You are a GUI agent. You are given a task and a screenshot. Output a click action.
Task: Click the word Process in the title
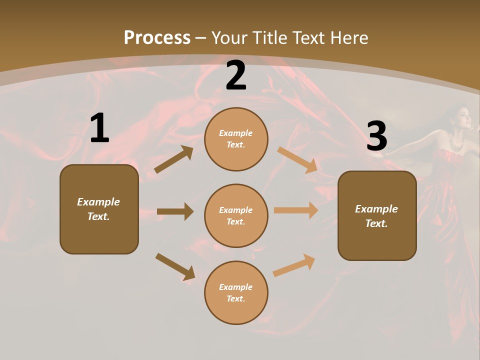pyautogui.click(x=157, y=38)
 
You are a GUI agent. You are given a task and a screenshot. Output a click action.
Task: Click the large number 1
pyautogui.click(x=99, y=128)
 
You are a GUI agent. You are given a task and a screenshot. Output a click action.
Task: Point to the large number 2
pyautogui.click(x=236, y=75)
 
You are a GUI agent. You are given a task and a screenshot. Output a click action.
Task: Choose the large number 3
pyautogui.click(x=376, y=136)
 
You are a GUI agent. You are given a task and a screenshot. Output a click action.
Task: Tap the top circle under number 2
pyautogui.click(x=236, y=139)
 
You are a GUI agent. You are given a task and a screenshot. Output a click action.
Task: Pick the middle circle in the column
pyautogui.click(x=236, y=215)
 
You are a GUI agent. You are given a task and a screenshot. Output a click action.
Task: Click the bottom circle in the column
pyautogui.click(x=236, y=292)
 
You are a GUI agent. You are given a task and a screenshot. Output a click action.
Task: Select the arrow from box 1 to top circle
pyautogui.click(x=173, y=160)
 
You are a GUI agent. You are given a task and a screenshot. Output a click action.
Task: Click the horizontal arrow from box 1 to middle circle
pyautogui.click(x=174, y=211)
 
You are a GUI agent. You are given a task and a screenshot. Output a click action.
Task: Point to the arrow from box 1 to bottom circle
pyautogui.click(x=174, y=266)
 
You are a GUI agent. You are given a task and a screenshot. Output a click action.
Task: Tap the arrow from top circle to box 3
pyautogui.click(x=297, y=159)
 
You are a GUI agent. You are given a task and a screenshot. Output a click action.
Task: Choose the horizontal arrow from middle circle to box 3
pyautogui.click(x=295, y=210)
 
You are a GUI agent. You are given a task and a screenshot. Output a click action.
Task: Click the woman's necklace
pyautogui.click(x=456, y=144)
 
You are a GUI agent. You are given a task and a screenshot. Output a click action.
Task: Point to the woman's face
pyautogui.click(x=463, y=118)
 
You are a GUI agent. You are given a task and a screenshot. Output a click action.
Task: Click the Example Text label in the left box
pyautogui.click(x=98, y=209)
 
